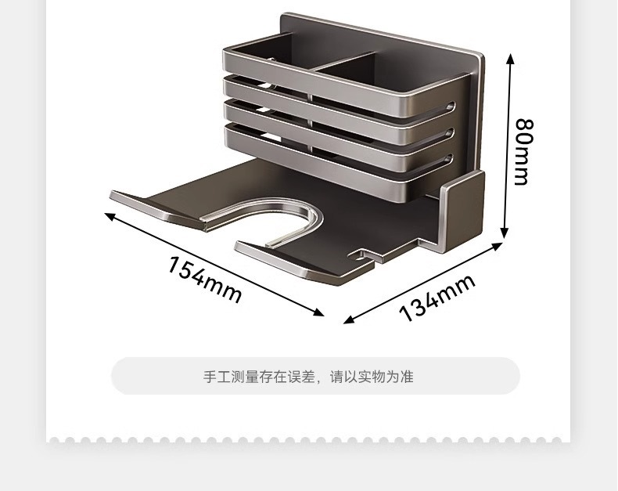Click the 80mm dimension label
(x=522, y=151)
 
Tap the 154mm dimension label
(x=204, y=279)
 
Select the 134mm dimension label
(x=437, y=298)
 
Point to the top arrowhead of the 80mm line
(x=510, y=57)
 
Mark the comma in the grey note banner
(x=323, y=380)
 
